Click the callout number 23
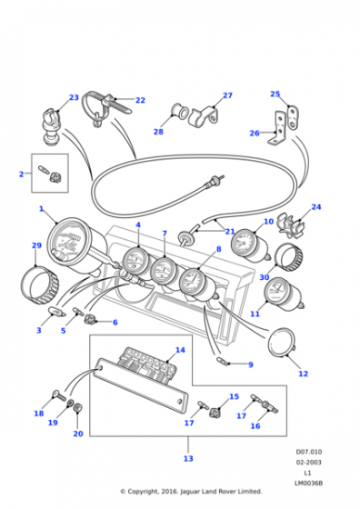pyautogui.click(x=74, y=97)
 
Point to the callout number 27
pyautogui.click(x=227, y=95)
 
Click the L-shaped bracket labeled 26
pyautogui.click(x=278, y=128)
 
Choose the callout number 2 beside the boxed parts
pyautogui.click(x=22, y=175)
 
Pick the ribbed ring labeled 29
pyautogui.click(x=40, y=285)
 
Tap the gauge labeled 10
pyautogui.click(x=250, y=245)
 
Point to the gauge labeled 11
pyautogui.click(x=284, y=294)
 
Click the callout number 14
pyautogui.click(x=181, y=350)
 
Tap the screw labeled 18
pyautogui.click(x=59, y=396)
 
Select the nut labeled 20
pyautogui.click(x=77, y=408)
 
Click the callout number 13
pyautogui.click(x=188, y=459)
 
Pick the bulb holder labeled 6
pyautogui.click(x=89, y=319)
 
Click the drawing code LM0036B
pyautogui.click(x=308, y=483)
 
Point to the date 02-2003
pyautogui.click(x=308, y=462)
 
